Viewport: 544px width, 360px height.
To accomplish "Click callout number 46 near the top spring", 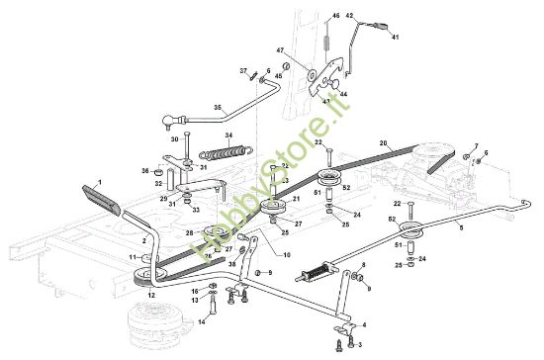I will coord(335,17).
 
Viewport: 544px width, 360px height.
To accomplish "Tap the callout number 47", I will coord(308,50).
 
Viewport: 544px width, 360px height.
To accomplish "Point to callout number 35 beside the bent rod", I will coord(219,107).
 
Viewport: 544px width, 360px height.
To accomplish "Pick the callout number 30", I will coord(174,139).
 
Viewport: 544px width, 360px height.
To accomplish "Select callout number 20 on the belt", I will coord(382,144).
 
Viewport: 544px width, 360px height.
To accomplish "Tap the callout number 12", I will coord(151,295).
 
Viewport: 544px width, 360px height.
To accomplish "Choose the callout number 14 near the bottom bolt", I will coord(202,322).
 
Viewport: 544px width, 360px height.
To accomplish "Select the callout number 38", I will coord(232,264).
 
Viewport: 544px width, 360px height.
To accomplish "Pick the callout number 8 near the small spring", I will coord(363,265).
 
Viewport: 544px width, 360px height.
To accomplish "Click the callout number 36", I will coord(144,171).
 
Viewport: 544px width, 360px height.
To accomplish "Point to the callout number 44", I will coord(342,94).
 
